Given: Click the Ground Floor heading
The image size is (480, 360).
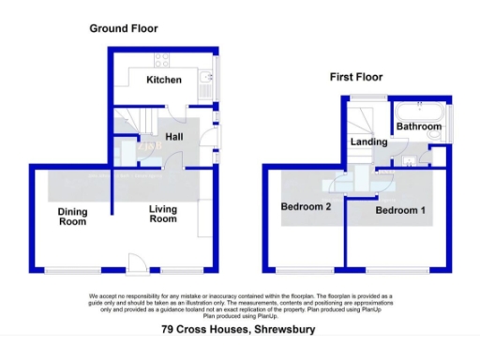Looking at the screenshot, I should (x=123, y=29).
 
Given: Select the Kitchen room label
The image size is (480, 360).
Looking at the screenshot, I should (x=163, y=81).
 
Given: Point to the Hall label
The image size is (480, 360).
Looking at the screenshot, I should (x=173, y=137).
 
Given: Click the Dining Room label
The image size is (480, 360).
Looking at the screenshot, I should (x=72, y=217).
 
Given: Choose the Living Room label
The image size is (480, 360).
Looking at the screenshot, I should (x=163, y=215).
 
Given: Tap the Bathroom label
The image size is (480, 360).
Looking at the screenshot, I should (x=418, y=127).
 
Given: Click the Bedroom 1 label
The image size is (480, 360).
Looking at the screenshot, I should (x=400, y=211).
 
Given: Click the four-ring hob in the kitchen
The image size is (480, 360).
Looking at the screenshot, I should (x=160, y=58).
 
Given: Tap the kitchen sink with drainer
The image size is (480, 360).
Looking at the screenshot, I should (x=203, y=86).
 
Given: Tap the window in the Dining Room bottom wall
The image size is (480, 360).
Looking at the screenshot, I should (x=69, y=272).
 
